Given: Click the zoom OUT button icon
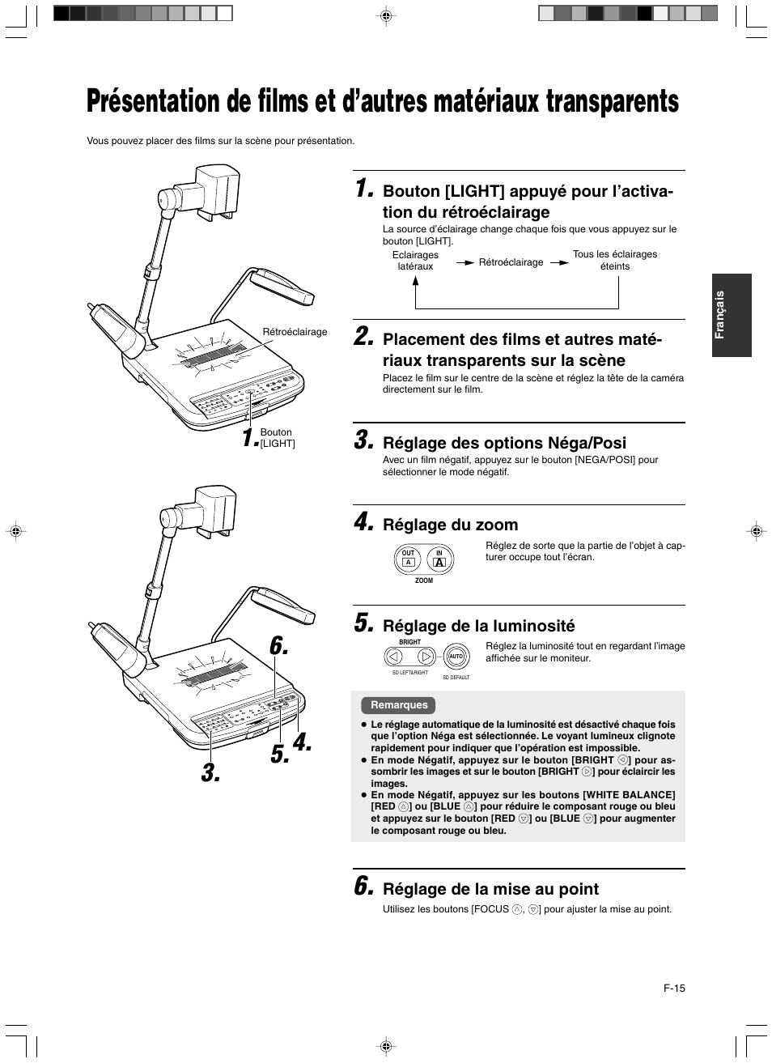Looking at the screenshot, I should (x=409, y=559).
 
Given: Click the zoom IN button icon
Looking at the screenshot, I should (x=440, y=559).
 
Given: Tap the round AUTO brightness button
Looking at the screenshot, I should (x=456, y=657).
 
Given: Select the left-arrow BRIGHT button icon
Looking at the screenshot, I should (x=393, y=657).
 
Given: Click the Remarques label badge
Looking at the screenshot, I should (x=399, y=705).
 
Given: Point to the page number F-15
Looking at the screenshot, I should (x=674, y=989).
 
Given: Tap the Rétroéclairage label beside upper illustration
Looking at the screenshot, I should (x=295, y=332).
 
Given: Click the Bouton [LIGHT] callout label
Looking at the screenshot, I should (x=277, y=438).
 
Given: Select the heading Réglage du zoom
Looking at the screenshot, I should (x=450, y=525).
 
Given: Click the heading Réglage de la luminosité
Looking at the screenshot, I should (x=478, y=625).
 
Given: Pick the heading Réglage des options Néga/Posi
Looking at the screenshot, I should (x=504, y=443).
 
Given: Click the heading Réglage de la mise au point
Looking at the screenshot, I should (x=490, y=889).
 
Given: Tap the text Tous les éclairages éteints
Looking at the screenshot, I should (x=615, y=260).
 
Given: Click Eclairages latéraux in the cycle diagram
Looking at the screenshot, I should (x=415, y=261).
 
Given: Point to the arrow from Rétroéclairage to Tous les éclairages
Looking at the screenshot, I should (x=559, y=263).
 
